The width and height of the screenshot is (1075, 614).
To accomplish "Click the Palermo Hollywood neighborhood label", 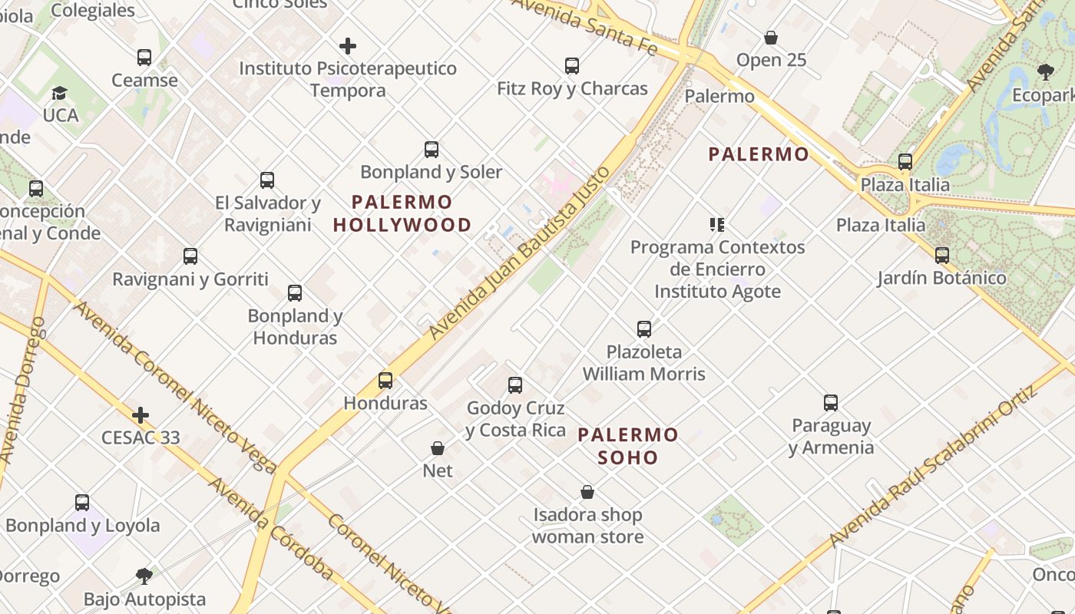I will coord(402,213).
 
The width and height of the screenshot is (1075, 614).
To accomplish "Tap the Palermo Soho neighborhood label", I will coord(628,446).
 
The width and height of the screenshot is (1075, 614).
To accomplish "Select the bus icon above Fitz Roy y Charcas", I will coord(572,66).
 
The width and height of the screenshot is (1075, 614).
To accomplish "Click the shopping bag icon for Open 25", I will coord(771,38).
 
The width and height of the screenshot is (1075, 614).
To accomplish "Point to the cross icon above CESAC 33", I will coord(141,415).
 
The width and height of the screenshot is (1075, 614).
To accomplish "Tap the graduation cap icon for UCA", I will coord(59,94).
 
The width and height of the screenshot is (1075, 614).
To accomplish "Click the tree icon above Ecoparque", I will coord(1045,72).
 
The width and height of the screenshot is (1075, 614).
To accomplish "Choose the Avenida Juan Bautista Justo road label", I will coord(520,253).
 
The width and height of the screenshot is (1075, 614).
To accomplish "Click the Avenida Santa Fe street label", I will coord(585,25).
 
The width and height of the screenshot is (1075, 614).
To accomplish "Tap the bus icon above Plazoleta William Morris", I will coord(644,329).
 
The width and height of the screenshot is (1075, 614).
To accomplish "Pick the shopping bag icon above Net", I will coord(438,448).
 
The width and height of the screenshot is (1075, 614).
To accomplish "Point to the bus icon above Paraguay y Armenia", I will coord(831,403).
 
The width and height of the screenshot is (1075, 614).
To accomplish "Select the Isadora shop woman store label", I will coord(587,526).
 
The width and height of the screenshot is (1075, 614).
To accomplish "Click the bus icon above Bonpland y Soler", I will coord(432,150).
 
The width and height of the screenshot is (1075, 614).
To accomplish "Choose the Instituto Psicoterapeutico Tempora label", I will coord(348,79).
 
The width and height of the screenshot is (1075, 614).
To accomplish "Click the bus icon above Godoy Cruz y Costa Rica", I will coord(515,385).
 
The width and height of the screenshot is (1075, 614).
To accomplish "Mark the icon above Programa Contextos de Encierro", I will coord(717,225).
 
